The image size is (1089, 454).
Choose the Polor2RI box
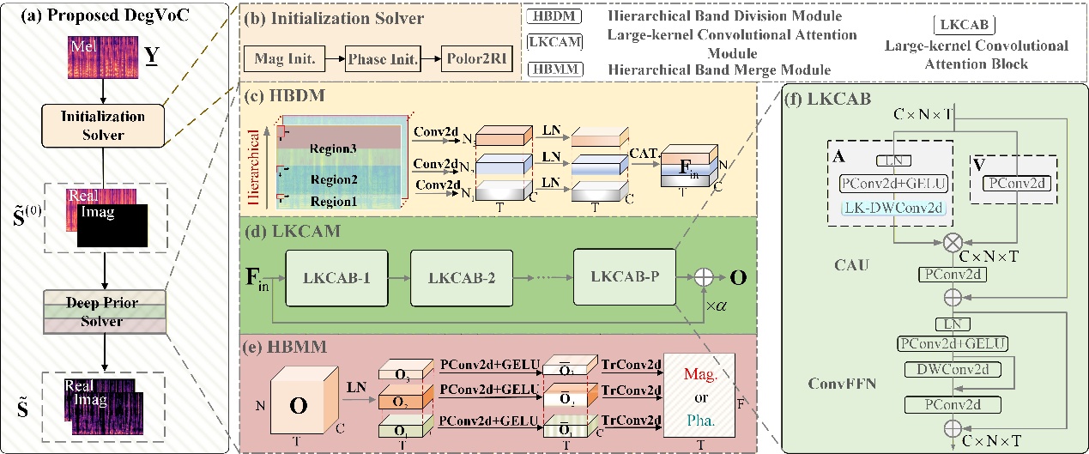(475, 58)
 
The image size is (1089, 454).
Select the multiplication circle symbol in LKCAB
(951, 243)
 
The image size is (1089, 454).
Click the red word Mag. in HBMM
(709, 375)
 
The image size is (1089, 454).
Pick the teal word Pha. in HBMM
(709, 421)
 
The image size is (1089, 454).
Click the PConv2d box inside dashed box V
(1017, 183)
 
